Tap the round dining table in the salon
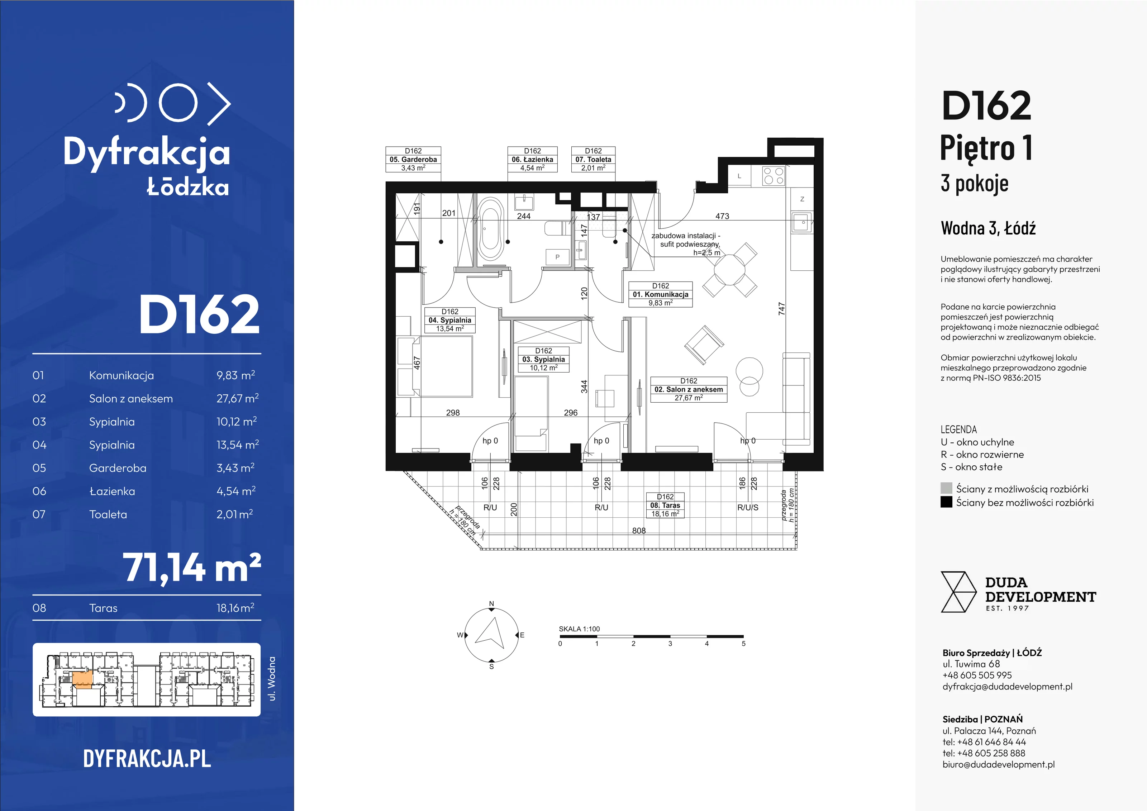729,270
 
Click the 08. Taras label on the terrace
665,505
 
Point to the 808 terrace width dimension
639,531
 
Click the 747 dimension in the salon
782,309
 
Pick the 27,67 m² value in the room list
237,398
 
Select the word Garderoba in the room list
118,468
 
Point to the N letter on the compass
491,604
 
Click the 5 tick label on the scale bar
743,644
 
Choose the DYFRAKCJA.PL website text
147,759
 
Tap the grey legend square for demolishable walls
946,488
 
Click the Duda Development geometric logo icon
958,592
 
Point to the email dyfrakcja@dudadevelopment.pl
1007,687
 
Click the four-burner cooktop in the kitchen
773,176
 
